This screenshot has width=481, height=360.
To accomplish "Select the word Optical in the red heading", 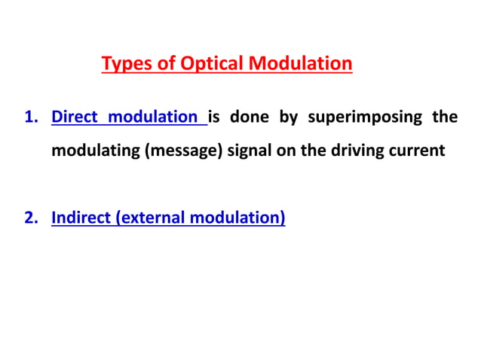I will (x=209, y=64).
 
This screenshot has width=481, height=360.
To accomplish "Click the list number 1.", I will (x=30, y=117).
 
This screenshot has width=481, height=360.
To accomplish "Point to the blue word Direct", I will (x=74, y=117).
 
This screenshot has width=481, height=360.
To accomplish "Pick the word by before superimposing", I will (x=290, y=117).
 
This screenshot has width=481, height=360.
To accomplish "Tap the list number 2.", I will (x=30, y=219).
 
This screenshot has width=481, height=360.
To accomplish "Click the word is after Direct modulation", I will (x=214, y=117).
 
